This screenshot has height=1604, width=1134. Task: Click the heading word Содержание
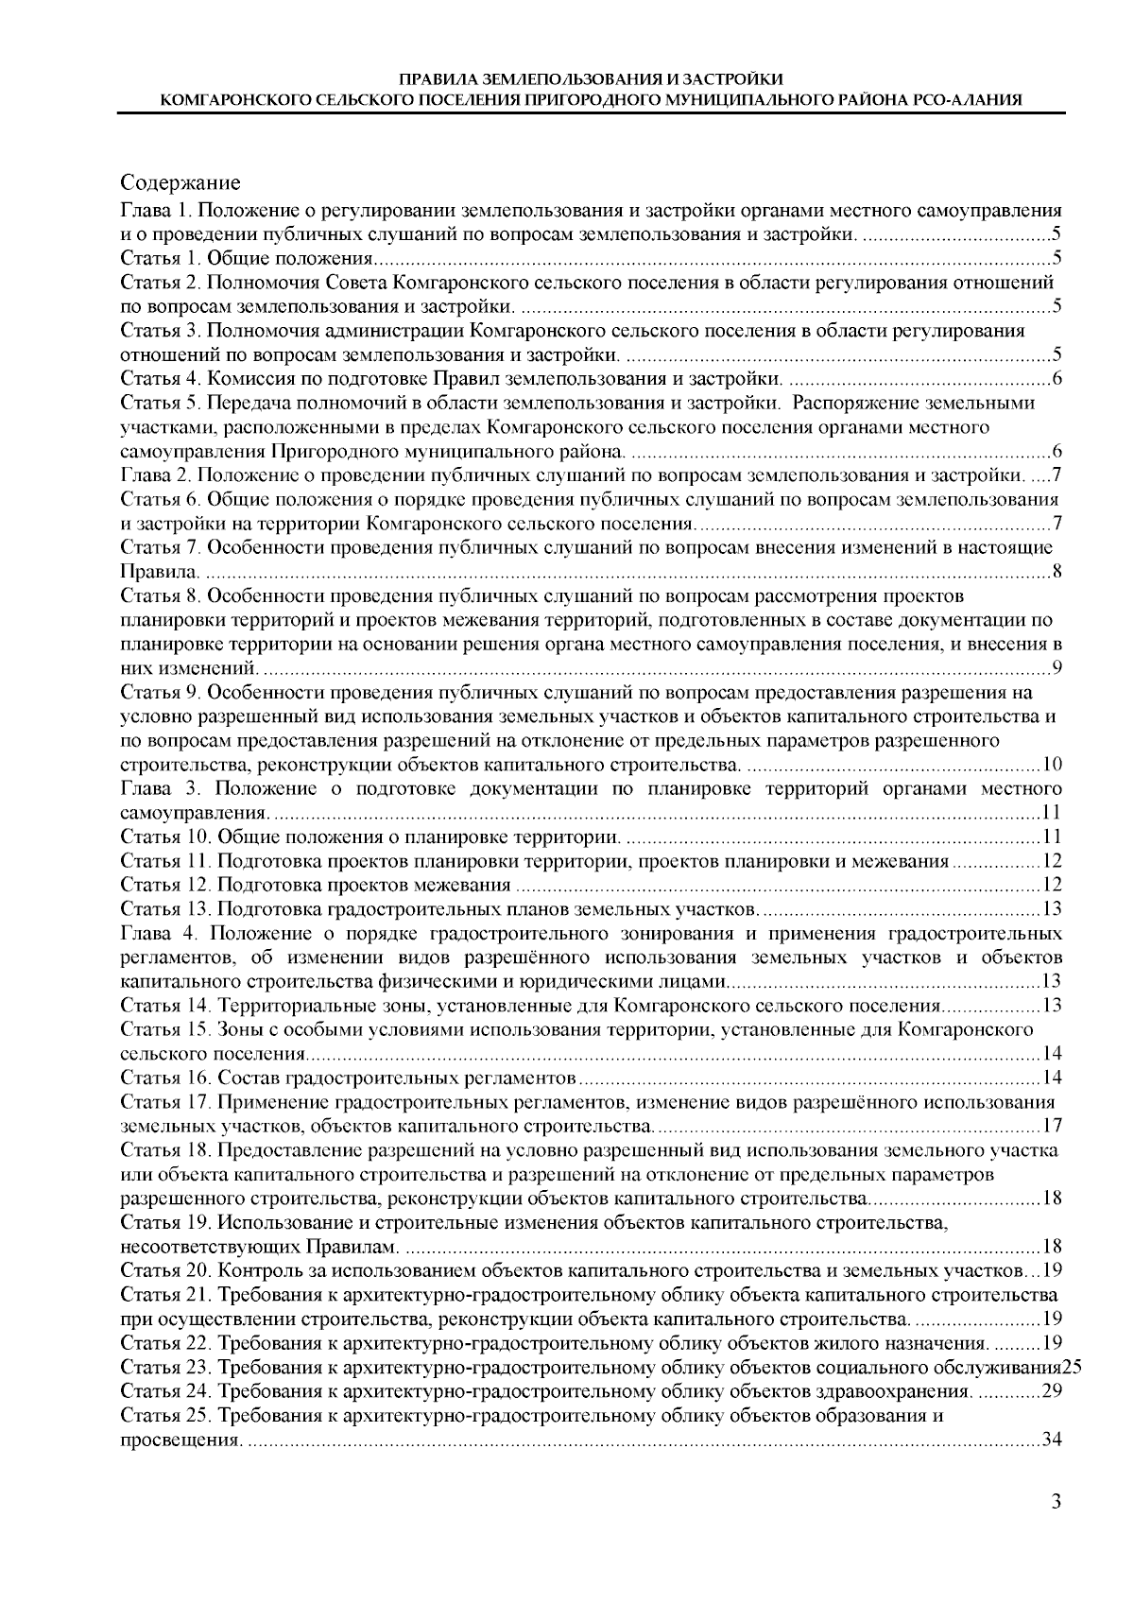coord(180,182)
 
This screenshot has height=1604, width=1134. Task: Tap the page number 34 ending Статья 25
coord(1052,1440)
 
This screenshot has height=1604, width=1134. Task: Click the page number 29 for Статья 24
coord(1052,1391)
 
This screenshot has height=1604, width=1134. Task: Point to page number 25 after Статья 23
coord(1071,1367)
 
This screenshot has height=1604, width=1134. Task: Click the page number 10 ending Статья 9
coord(1052,764)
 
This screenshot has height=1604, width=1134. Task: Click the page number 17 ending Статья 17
coord(1052,1126)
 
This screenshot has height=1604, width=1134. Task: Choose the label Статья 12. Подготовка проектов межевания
coord(317,885)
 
